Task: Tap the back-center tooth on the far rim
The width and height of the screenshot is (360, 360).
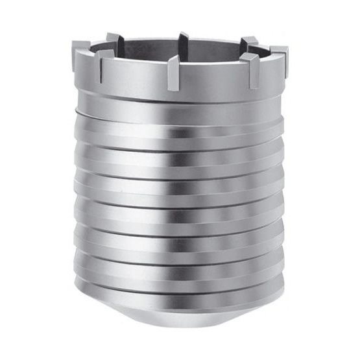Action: pyautogui.click(x=184, y=40)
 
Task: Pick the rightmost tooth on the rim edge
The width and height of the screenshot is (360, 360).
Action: pyautogui.click(x=280, y=54)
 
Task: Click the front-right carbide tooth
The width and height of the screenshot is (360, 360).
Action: pyautogui.click(x=250, y=67)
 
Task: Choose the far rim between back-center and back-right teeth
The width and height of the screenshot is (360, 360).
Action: pyautogui.click(x=217, y=41)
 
